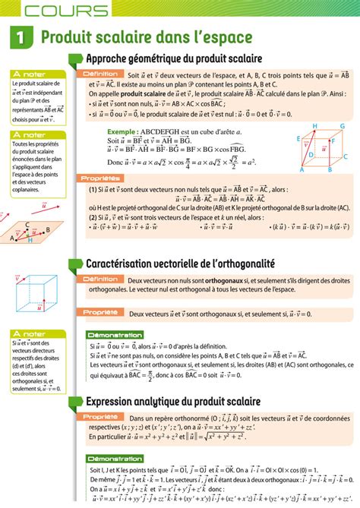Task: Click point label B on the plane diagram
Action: click(48, 231)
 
